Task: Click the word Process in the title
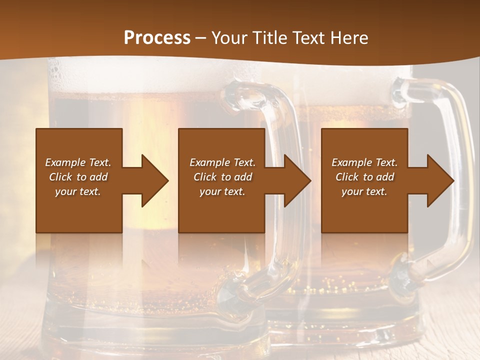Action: click(157, 38)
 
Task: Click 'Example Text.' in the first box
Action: click(78, 162)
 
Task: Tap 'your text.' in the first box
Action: click(78, 191)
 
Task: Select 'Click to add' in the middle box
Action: click(222, 177)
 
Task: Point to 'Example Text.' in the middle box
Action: click(222, 162)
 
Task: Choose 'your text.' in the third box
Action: click(364, 191)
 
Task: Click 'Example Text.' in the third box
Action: click(364, 162)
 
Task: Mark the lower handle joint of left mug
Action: click(235, 290)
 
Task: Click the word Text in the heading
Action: click(306, 38)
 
